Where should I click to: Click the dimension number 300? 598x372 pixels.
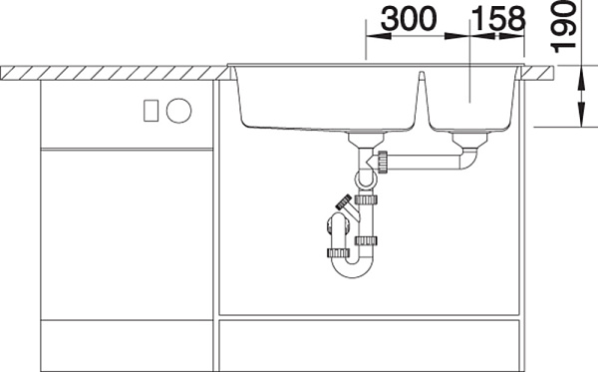click(409, 19)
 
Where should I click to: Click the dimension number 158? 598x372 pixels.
click(498, 19)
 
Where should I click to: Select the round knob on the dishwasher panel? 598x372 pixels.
click(178, 111)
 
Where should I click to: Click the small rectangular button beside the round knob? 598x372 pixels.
click(151, 111)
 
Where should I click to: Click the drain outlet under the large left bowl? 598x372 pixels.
click(366, 140)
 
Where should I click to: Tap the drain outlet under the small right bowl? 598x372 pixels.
click(469, 139)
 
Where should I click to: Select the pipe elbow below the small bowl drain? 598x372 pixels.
click(469, 160)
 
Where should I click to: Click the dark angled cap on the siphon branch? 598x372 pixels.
click(344, 201)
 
